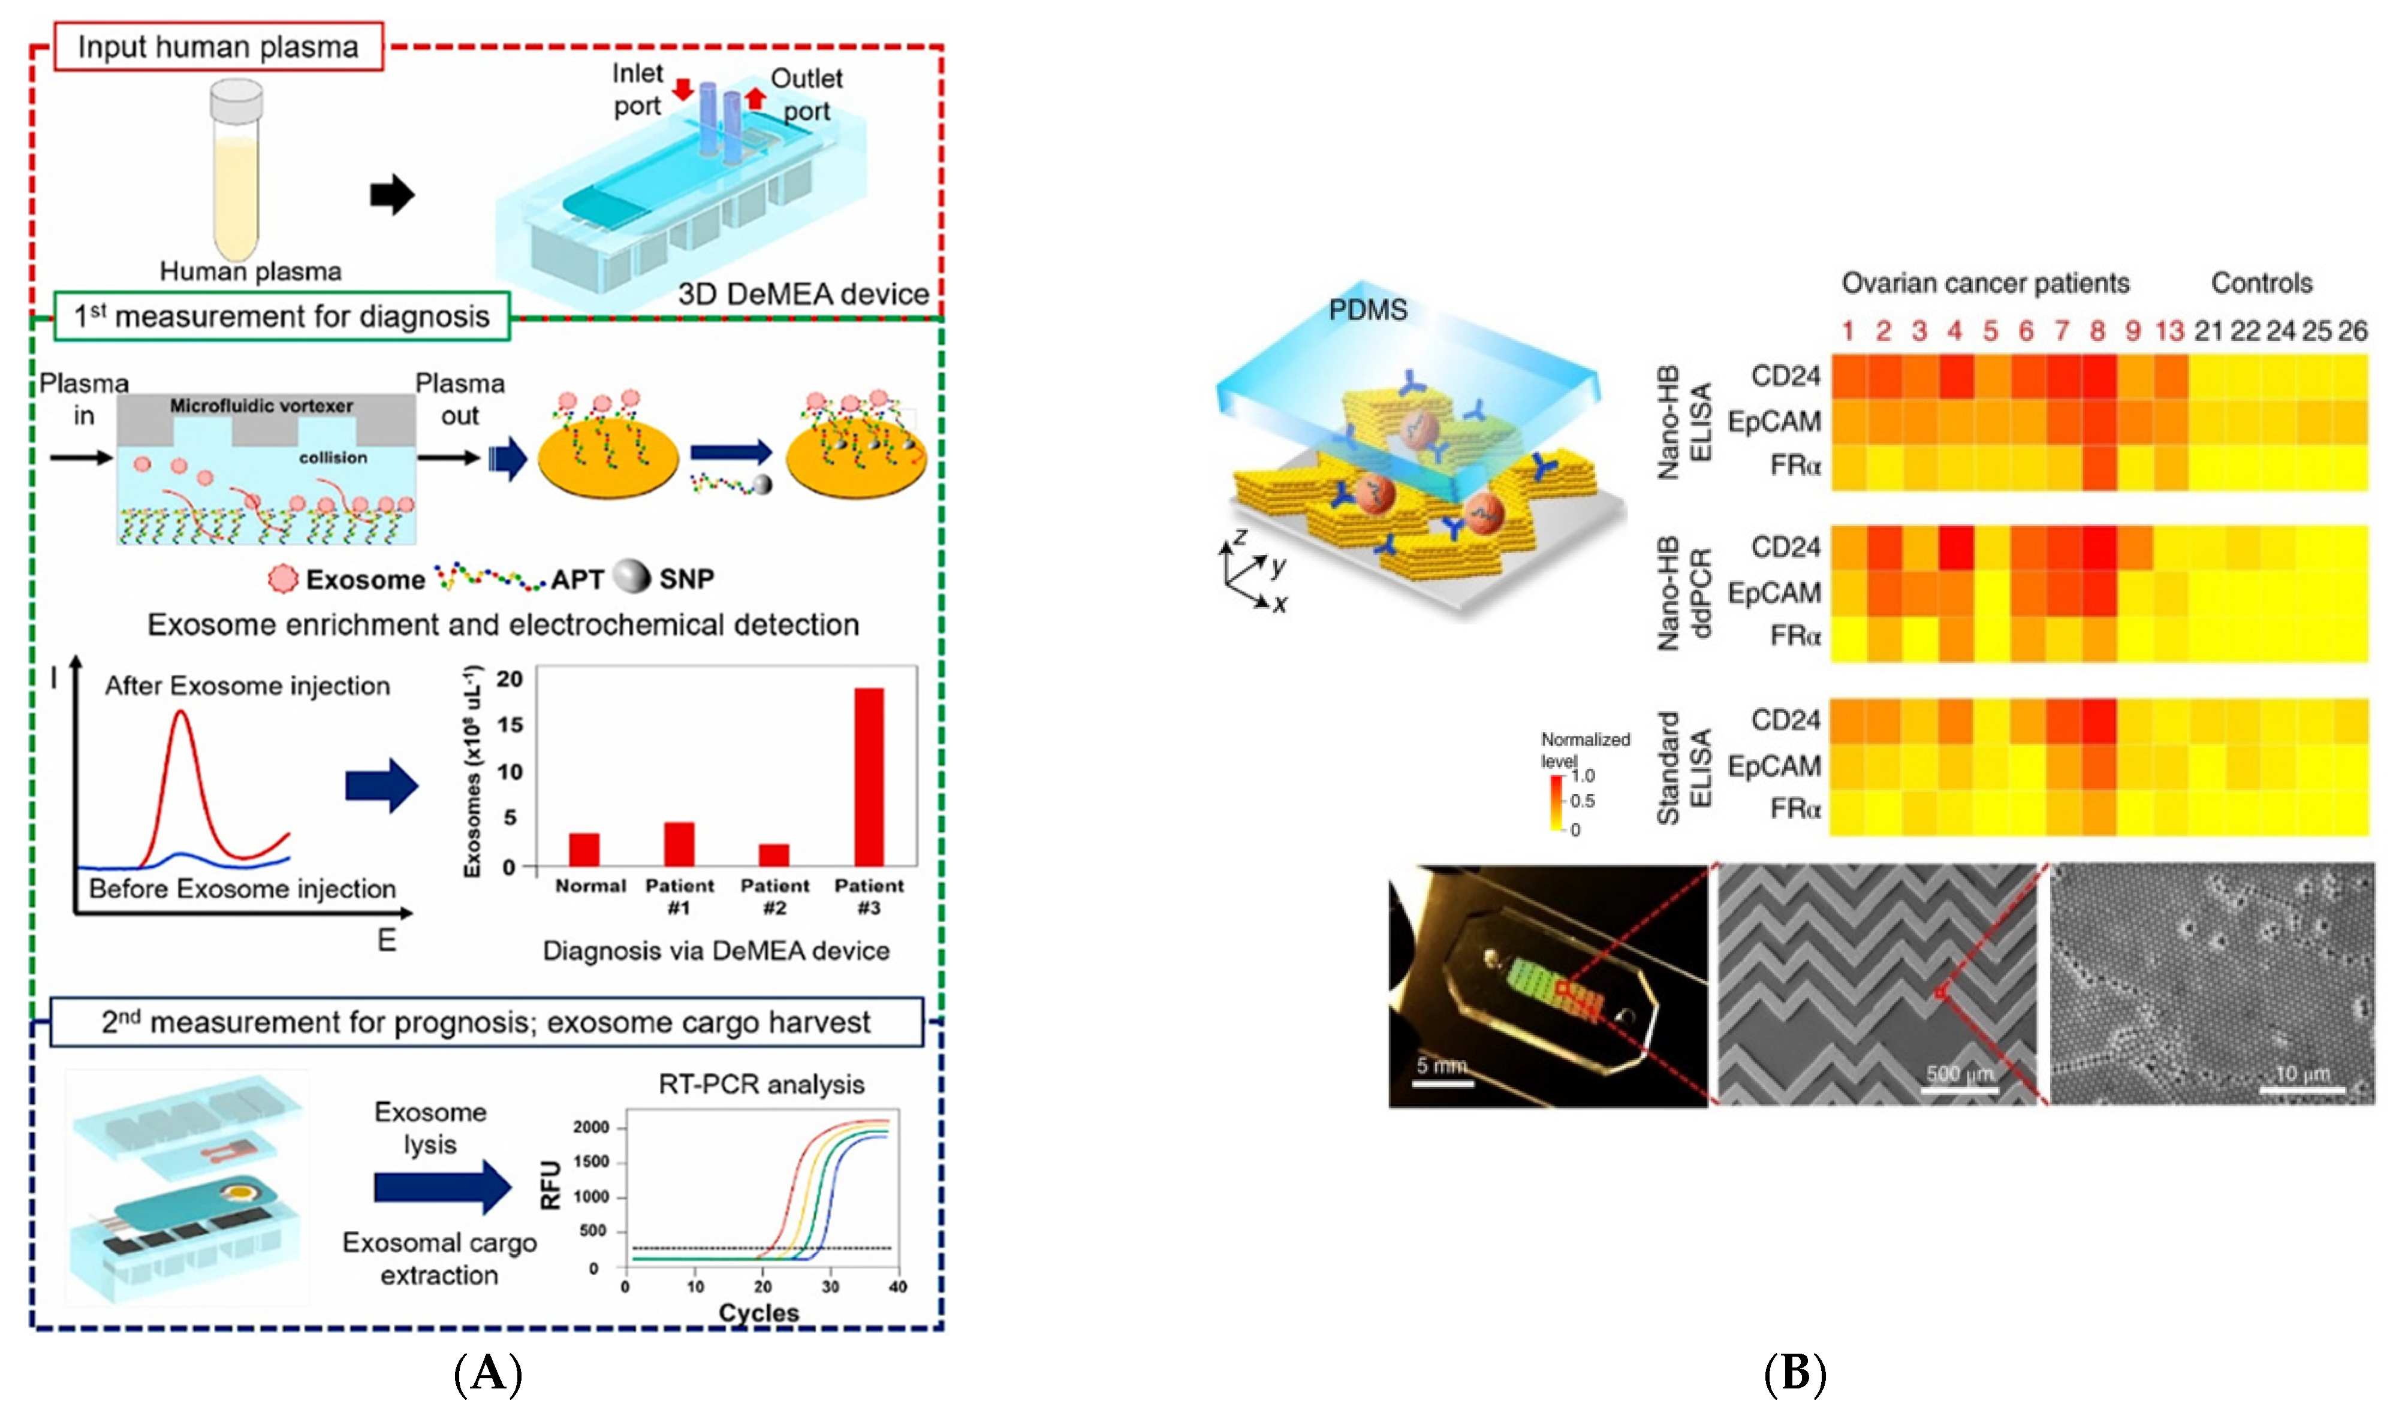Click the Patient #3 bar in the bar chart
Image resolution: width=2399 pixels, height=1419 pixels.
[x=869, y=777]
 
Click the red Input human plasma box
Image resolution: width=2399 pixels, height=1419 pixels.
[x=218, y=47]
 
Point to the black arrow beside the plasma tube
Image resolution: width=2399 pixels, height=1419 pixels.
[x=391, y=195]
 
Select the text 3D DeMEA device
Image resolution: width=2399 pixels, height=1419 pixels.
[x=803, y=294]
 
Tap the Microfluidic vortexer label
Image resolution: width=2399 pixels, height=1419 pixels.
[x=261, y=406]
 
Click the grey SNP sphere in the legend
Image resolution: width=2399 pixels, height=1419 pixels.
[x=631, y=576]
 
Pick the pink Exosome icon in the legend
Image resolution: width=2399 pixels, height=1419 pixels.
[x=283, y=578]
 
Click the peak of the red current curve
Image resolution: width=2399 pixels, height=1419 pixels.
[x=182, y=712]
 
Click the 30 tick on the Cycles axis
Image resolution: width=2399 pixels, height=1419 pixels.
[x=830, y=1286]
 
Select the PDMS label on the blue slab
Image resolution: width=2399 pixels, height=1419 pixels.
[x=1368, y=310]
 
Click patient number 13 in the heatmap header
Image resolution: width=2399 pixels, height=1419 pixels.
[x=2169, y=331]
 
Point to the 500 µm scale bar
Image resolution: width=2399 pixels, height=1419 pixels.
[x=1960, y=1089]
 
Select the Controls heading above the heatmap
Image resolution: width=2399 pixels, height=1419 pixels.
[x=2261, y=283]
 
